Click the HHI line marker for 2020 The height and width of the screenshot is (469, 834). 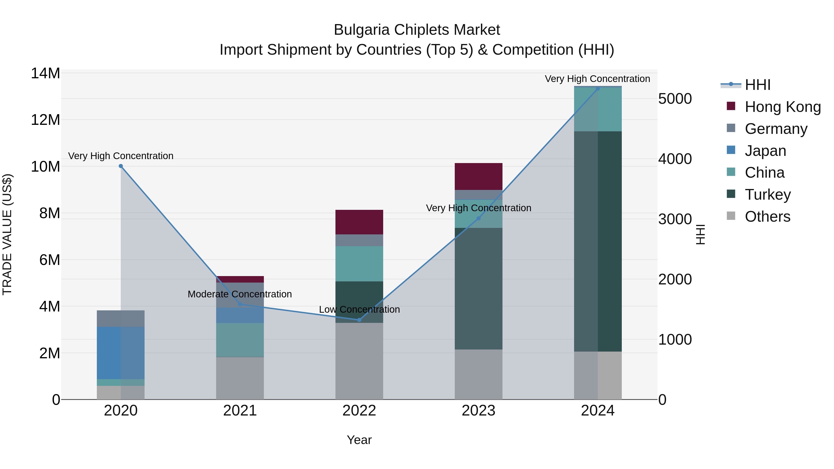tap(121, 166)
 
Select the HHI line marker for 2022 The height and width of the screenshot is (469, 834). tap(359, 320)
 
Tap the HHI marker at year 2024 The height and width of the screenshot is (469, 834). tap(598, 89)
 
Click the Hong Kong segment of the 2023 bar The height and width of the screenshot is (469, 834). tap(479, 176)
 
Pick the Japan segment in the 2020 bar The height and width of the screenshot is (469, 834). tap(120, 353)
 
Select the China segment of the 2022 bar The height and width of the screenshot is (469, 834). tap(359, 264)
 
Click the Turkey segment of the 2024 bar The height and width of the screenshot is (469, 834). tap(598, 241)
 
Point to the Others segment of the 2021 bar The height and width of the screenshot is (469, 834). tap(240, 378)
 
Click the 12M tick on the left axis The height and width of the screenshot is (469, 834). tap(45, 120)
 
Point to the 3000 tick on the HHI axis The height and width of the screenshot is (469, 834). tap(675, 219)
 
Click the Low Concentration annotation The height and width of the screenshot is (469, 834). tap(359, 309)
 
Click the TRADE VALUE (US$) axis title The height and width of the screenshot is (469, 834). tap(7, 234)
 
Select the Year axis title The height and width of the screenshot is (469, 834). tap(359, 440)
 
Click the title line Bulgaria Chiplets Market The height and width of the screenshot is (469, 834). tap(417, 30)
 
